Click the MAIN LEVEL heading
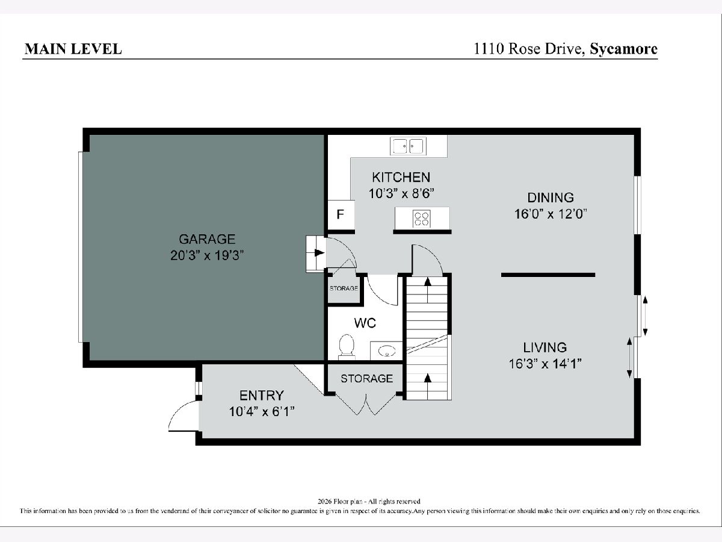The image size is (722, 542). click(x=73, y=49)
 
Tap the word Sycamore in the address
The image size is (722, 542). click(x=624, y=49)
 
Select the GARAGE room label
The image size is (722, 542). click(x=207, y=239)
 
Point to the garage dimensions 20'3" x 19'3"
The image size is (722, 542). click(x=207, y=255)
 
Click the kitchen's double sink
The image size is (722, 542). click(x=408, y=146)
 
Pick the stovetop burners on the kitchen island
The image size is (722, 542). click(x=421, y=219)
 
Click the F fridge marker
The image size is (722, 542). click(x=340, y=214)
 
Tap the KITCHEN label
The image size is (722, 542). click(x=401, y=178)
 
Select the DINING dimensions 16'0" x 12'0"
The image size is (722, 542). click(x=551, y=214)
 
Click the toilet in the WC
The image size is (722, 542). click(x=347, y=346)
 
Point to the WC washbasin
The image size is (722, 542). click(x=387, y=352)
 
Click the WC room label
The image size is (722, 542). click(x=365, y=323)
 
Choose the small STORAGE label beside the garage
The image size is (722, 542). click(x=344, y=288)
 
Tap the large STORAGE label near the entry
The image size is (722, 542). click(x=367, y=379)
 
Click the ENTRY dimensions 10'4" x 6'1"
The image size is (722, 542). click(x=262, y=412)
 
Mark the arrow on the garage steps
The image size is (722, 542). click(x=319, y=253)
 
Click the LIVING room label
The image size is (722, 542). click(x=545, y=347)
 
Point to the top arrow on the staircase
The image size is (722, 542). click(x=428, y=290)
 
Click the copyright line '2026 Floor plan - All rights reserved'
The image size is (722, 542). click(x=369, y=502)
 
